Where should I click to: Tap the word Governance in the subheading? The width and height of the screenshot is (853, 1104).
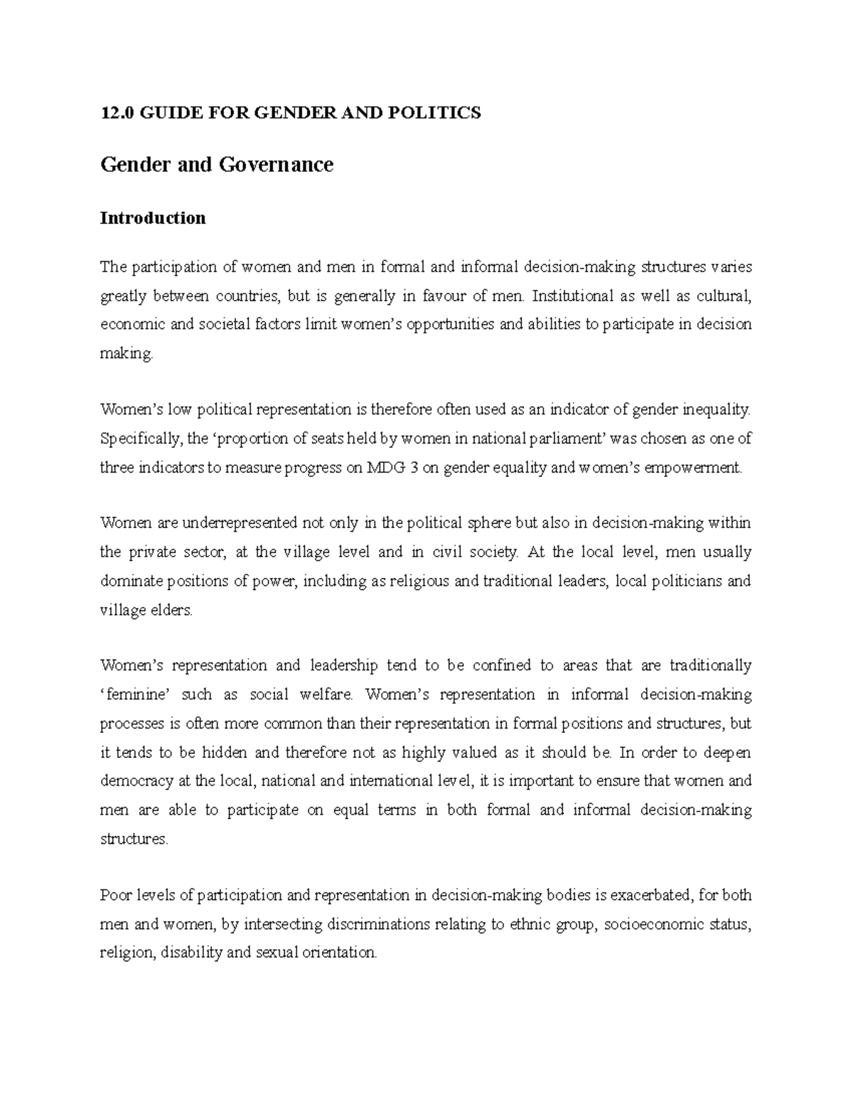pos(276,165)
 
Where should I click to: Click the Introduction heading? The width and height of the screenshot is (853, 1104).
pos(153,218)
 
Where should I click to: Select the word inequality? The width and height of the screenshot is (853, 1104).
pos(716,409)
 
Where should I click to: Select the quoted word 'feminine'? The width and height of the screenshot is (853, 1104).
pos(133,695)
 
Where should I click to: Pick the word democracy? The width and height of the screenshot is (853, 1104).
pos(136,781)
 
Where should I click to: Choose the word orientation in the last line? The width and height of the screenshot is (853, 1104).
pos(333,953)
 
